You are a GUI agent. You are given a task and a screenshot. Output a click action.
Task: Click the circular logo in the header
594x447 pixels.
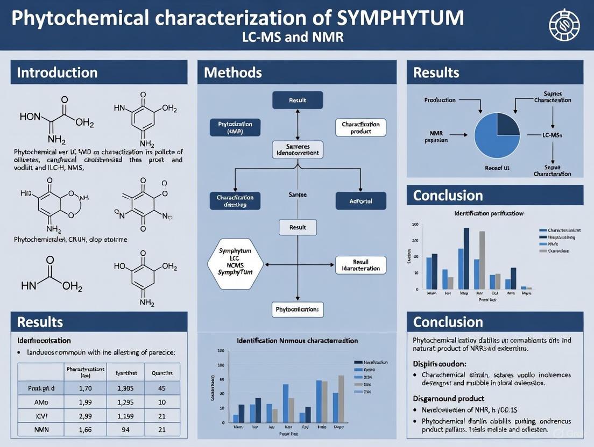[x=564, y=25]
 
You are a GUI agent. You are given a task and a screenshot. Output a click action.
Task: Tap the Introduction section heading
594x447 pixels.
[x=57, y=73]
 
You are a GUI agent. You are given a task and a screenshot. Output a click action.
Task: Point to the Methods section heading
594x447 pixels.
[x=233, y=73]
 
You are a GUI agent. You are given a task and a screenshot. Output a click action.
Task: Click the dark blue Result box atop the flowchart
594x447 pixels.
[x=298, y=100]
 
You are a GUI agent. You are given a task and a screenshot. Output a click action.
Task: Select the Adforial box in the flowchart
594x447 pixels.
[x=360, y=201]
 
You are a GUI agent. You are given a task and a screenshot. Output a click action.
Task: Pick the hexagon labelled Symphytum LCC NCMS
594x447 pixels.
[x=235, y=262]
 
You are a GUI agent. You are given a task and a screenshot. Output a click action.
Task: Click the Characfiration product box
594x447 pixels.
[x=360, y=128]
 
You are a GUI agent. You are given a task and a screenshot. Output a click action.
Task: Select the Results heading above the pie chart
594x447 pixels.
[x=436, y=73]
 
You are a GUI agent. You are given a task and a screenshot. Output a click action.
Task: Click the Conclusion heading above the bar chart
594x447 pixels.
[x=448, y=195]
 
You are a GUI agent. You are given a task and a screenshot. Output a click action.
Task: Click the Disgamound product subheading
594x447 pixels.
[x=449, y=398]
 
